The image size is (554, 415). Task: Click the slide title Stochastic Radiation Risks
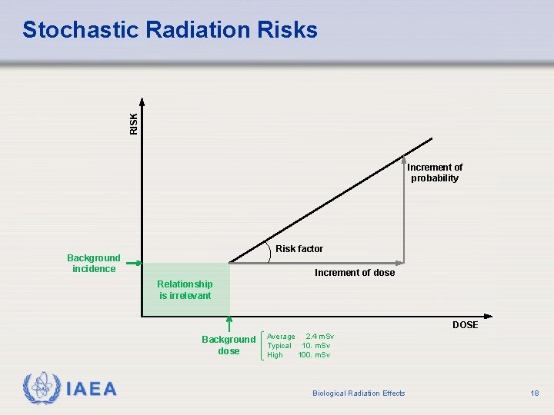[169, 30]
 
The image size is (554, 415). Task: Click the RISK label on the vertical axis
[134, 124]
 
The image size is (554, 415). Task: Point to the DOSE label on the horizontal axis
[465, 325]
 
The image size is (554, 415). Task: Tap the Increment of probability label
[435, 173]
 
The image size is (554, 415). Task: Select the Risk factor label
[299, 249]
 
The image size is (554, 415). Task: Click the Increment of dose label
[355, 273]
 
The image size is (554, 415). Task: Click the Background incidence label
[94, 264]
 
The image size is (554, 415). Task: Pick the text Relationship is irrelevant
[185, 290]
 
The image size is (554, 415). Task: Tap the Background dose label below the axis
[229, 345]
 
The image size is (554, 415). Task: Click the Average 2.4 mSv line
[299, 337]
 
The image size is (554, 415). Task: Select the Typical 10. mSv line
[299, 346]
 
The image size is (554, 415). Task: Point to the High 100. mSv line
[299, 355]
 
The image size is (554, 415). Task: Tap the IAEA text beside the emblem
[92, 389]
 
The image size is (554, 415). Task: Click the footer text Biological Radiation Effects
[359, 393]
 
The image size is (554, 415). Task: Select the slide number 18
[535, 393]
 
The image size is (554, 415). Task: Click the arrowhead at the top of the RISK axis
[142, 101]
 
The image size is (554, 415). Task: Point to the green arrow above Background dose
[229, 324]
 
